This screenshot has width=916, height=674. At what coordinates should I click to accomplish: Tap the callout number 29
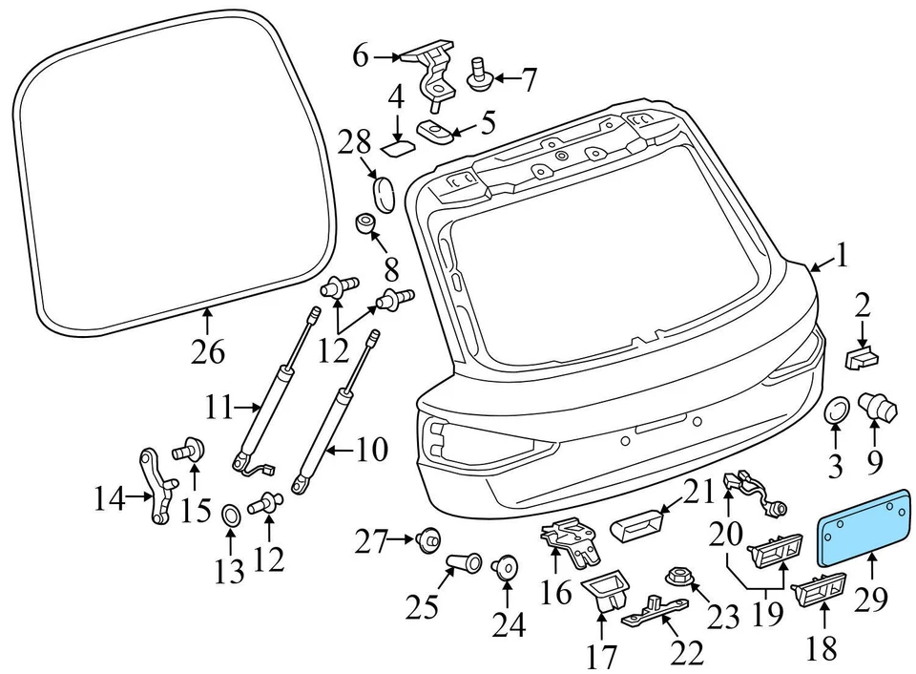pyautogui.click(x=870, y=599)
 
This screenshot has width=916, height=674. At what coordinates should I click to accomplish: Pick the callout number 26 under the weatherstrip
pyautogui.click(x=208, y=352)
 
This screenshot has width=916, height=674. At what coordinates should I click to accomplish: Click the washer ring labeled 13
pyautogui.click(x=231, y=516)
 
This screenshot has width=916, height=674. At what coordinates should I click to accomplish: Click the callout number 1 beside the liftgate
pyautogui.click(x=842, y=254)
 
